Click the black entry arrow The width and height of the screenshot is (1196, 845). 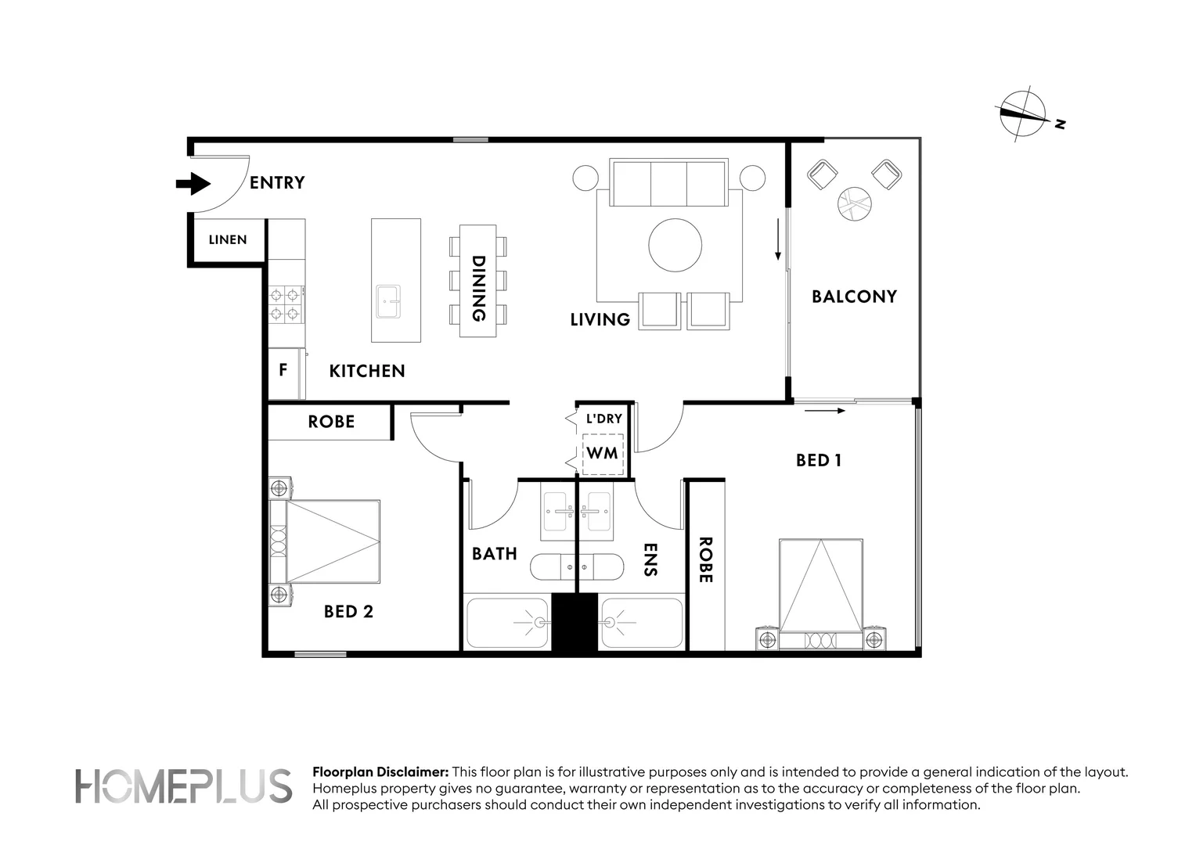193,184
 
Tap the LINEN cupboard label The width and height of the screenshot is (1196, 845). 228,239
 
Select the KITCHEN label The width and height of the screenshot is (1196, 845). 367,371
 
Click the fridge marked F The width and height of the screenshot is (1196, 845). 286,373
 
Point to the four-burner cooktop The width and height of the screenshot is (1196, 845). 285,304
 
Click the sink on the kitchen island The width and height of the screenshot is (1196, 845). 388,301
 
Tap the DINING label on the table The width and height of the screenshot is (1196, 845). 478,288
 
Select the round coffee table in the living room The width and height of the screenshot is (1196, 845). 675,245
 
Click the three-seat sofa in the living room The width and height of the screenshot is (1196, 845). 669,182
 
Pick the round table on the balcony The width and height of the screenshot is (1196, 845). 854,203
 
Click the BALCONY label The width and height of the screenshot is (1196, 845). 854,297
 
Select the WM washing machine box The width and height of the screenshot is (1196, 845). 603,454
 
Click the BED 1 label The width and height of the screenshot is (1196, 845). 819,460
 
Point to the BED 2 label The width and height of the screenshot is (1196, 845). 348,611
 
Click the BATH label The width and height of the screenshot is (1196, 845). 495,553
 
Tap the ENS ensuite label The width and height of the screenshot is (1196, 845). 650,559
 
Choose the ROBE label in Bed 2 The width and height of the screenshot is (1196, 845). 331,422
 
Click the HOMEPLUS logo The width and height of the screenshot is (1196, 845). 184,786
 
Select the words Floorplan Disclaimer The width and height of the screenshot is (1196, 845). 380,772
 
